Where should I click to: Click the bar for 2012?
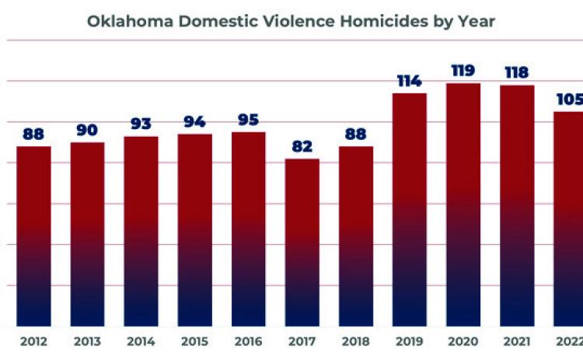point(33,236)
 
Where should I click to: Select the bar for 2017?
point(302,243)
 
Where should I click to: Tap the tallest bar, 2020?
point(463,205)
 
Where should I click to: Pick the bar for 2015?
point(195,230)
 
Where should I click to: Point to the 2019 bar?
point(410,210)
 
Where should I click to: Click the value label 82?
point(302,146)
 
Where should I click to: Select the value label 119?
point(463,70)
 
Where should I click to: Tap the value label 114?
point(410,81)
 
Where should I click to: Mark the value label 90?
point(87,130)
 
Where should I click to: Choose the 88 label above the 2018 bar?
point(356,134)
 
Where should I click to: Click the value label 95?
point(249,120)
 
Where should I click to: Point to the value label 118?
point(517,72)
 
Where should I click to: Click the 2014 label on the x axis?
point(141,341)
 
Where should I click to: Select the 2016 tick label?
point(249,341)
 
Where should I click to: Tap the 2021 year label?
point(517,341)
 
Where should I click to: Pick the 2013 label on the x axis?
point(87,341)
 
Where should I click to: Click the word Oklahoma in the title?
point(130,21)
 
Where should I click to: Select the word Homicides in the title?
point(384,21)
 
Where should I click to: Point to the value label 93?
point(141,124)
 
